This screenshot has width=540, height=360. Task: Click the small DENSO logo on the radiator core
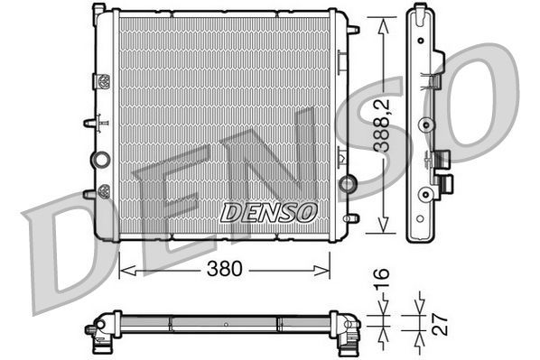(269, 212)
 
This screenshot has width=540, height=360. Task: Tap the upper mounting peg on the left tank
(90, 122)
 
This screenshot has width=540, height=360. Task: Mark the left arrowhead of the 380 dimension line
(125, 268)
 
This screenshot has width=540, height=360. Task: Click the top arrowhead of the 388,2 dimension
(386, 20)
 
